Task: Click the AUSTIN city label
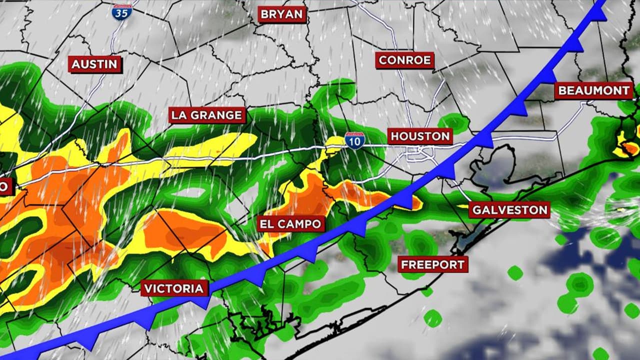point(94,64)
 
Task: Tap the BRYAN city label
point(282,14)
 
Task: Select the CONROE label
point(404,60)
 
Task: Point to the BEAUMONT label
point(593,91)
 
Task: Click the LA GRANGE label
point(207,115)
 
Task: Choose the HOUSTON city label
point(420,136)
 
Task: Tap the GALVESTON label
point(509,209)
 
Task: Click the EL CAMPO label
point(290,223)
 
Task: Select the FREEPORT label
point(432,264)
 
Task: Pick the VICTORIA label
point(174,288)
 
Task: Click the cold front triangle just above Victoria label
point(201,301)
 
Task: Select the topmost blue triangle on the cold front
point(598,13)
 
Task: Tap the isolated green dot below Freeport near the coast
point(432,318)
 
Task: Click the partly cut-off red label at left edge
point(4,187)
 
